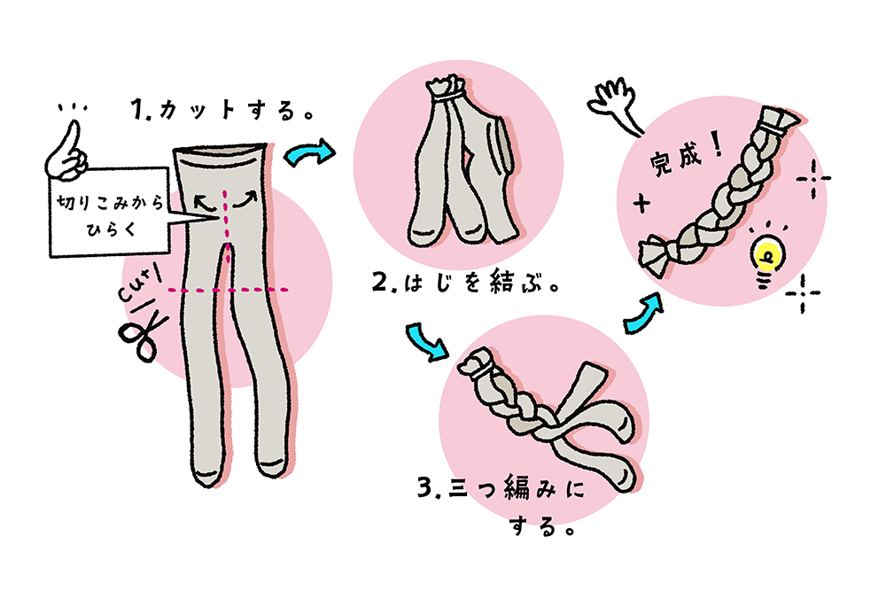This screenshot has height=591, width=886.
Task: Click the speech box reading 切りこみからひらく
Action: [x=110, y=213]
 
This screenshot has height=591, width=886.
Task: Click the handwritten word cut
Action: [x=139, y=284]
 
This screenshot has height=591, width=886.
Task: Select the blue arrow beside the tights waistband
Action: [x=308, y=152]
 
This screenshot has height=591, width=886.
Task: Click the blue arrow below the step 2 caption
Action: [x=425, y=340]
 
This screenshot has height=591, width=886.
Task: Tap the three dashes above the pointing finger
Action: [x=73, y=107]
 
